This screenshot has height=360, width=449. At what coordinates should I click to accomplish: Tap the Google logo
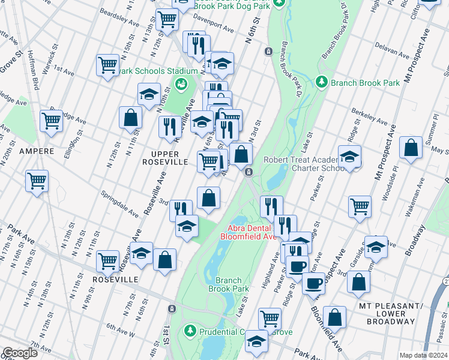tap(20, 353)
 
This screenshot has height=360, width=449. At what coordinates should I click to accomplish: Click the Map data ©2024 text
tap(423, 355)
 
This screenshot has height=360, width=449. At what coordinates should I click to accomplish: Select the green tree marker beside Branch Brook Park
tap(322, 81)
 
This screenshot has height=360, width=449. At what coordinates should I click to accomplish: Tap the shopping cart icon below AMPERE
tap(37, 179)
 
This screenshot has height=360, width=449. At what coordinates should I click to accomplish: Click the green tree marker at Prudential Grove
tap(190, 331)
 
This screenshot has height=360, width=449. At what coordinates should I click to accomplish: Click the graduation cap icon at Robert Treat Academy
tap(349, 157)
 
